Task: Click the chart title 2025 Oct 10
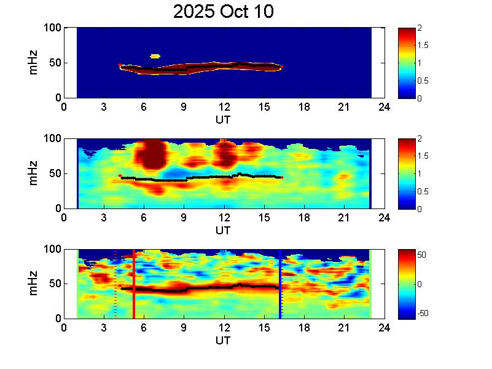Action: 223,12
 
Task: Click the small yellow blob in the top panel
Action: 155,56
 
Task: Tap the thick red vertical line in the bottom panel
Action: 134,284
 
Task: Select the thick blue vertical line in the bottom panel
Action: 280,284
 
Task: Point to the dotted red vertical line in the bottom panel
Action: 115,284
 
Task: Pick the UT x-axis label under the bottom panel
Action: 224,341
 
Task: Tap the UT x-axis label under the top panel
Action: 224,119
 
